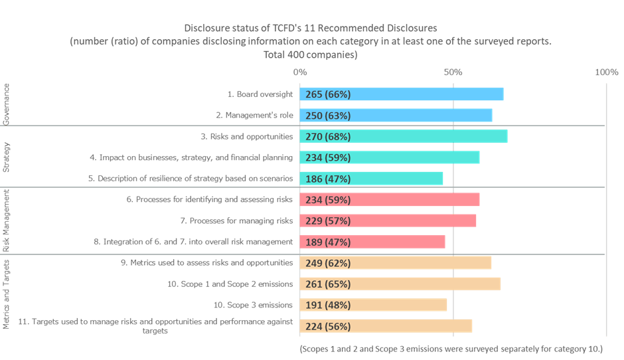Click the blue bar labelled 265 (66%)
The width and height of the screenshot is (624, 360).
coord(402,94)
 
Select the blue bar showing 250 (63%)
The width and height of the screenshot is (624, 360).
coord(396,116)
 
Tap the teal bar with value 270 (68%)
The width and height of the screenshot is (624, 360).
coord(404,136)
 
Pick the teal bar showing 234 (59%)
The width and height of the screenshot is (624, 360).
coord(390,157)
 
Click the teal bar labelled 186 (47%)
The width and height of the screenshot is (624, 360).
coord(372,179)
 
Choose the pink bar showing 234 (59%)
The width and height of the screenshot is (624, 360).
coord(390,200)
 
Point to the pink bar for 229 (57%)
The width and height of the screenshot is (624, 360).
coord(388,221)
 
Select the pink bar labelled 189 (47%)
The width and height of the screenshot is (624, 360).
coord(372,242)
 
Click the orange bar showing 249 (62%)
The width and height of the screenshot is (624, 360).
coord(396,263)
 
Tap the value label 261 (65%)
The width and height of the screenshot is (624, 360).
coord(328,284)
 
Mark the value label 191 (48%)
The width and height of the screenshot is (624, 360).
coord(328,306)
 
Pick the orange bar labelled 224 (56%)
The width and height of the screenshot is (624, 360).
coord(386,326)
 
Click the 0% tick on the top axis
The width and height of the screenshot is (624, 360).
coord(300,71)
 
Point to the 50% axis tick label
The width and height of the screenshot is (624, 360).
coord(453,71)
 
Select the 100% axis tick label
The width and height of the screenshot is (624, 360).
coord(607,71)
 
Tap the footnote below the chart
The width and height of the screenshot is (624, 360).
coord(451,348)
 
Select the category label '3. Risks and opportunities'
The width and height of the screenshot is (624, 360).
coord(246,136)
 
